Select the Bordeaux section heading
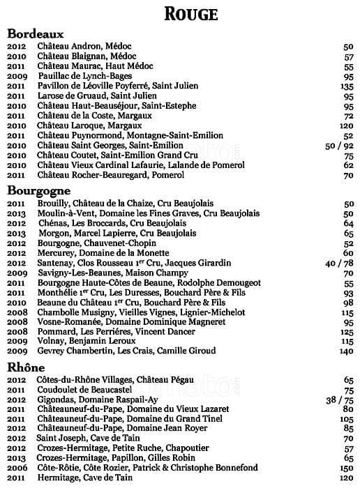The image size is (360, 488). tap(36, 33)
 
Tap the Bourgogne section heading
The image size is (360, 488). tap(40, 190)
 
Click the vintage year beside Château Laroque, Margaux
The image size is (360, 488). tap(16, 125)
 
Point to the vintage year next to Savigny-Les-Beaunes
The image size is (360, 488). tap(16, 273)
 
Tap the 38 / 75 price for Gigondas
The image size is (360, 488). tap(340, 400)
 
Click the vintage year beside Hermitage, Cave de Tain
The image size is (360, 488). tap(16, 478)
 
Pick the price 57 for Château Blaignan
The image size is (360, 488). tap(349, 56)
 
